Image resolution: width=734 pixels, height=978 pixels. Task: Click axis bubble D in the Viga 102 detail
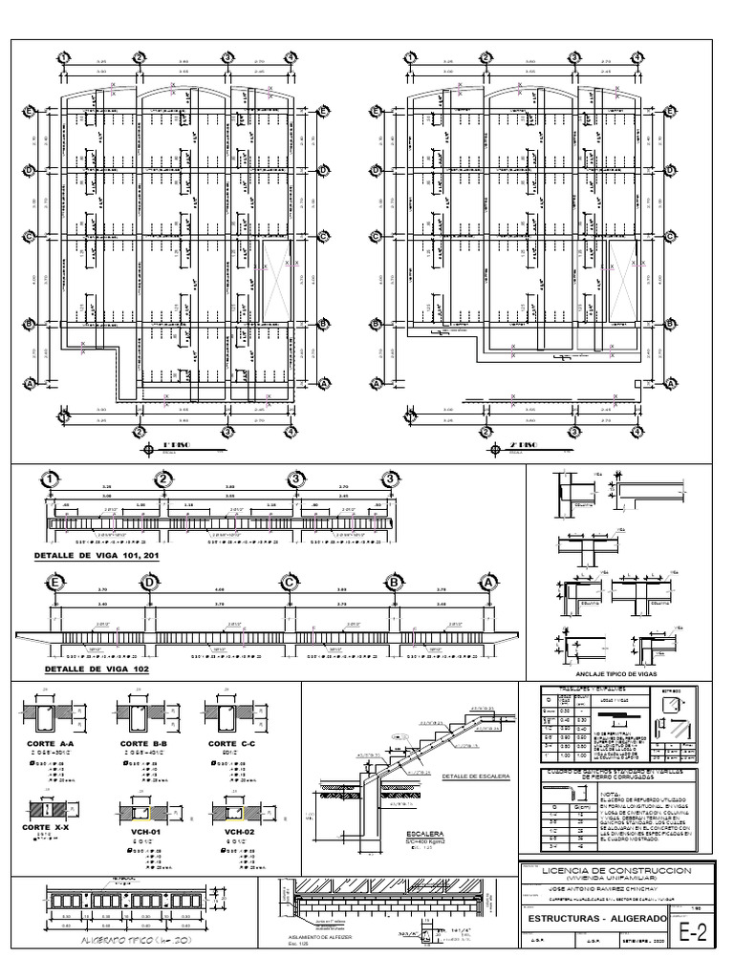click(x=149, y=583)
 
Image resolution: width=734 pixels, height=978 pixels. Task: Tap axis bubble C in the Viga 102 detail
click(x=287, y=583)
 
